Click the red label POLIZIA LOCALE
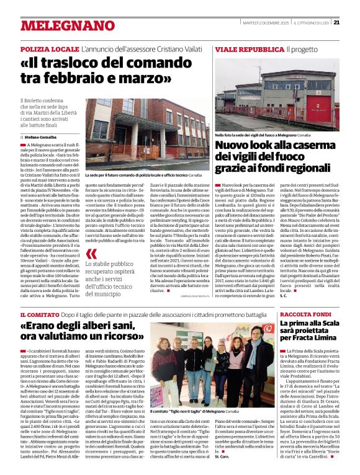point(49,48)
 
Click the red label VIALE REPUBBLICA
point(250,48)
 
